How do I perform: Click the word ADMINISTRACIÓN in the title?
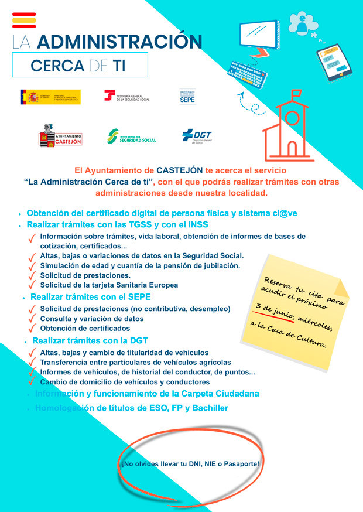[124, 42]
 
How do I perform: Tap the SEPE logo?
[187, 97]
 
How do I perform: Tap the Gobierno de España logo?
[50, 97]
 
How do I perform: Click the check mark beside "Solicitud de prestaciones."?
[33, 275]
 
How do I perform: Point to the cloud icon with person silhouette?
[302, 22]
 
